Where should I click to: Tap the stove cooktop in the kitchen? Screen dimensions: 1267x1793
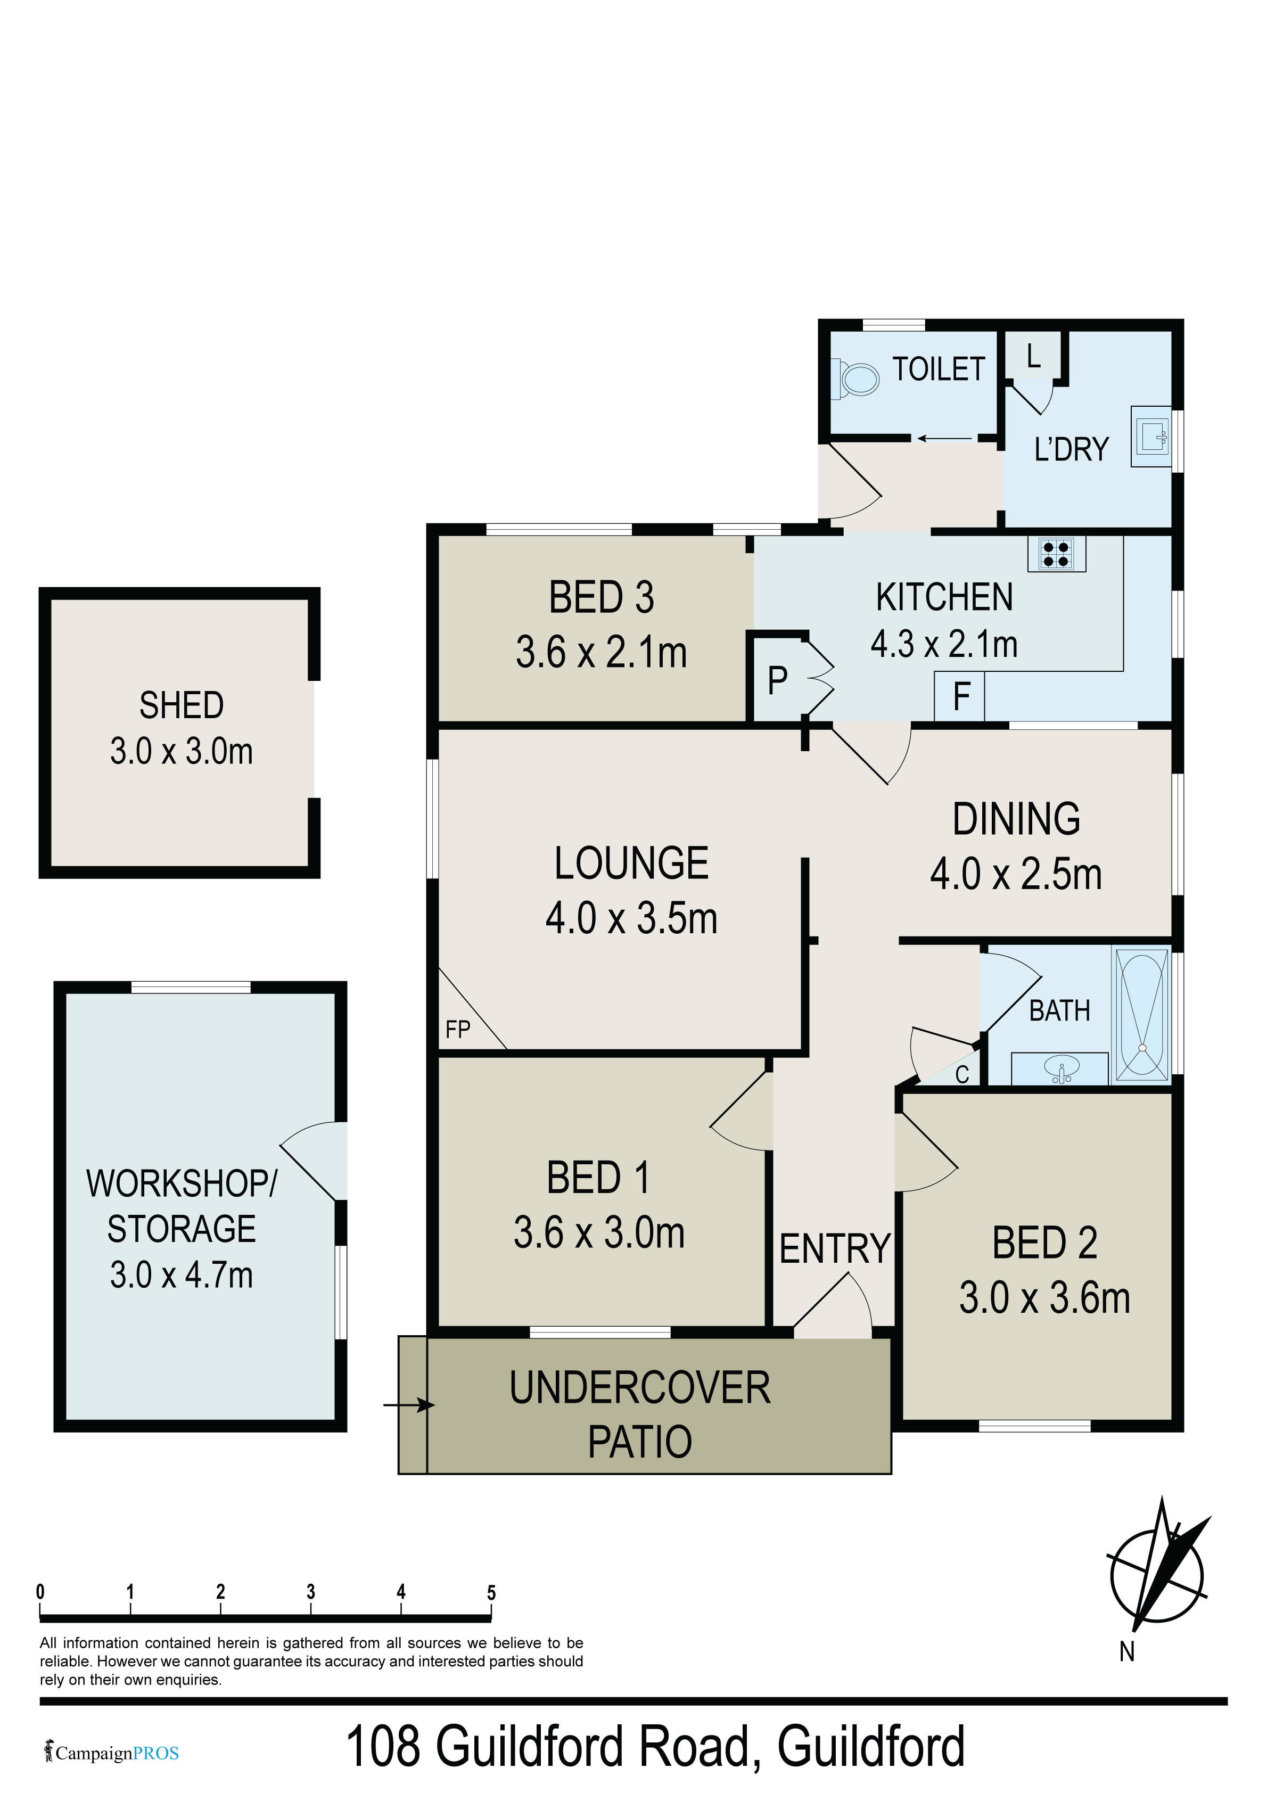click(1056, 554)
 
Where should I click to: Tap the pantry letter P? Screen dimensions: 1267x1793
click(777, 681)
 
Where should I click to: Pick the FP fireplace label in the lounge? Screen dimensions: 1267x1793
click(458, 1029)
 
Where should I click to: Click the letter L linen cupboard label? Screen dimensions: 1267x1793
click(1033, 356)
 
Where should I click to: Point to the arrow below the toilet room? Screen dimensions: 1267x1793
click(944, 439)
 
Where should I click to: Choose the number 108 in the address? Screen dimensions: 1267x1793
click(383, 1746)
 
